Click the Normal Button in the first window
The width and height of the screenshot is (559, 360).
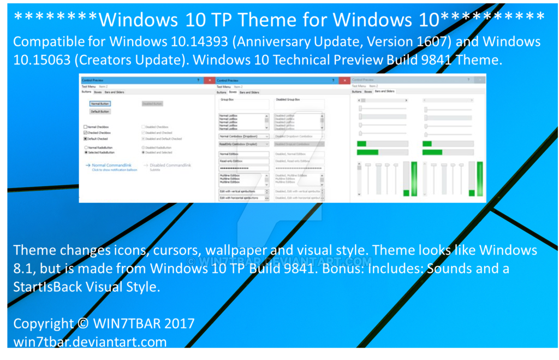click(x=100, y=103)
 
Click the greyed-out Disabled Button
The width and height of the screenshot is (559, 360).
click(x=152, y=103)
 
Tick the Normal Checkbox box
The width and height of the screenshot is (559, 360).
click(x=85, y=127)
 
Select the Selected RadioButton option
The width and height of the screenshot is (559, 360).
click(x=86, y=152)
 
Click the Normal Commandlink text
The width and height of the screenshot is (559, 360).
click(x=111, y=165)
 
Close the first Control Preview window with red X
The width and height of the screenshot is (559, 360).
click(x=209, y=80)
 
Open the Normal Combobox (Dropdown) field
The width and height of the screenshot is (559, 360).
click(x=244, y=136)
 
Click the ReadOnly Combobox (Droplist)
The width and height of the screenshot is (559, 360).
click(x=244, y=144)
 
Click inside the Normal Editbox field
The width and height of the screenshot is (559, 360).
click(x=244, y=155)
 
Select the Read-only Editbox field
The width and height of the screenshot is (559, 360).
click(x=244, y=161)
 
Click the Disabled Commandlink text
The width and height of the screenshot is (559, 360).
click(x=170, y=165)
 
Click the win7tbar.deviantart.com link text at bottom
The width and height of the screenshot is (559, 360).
click(x=90, y=343)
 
